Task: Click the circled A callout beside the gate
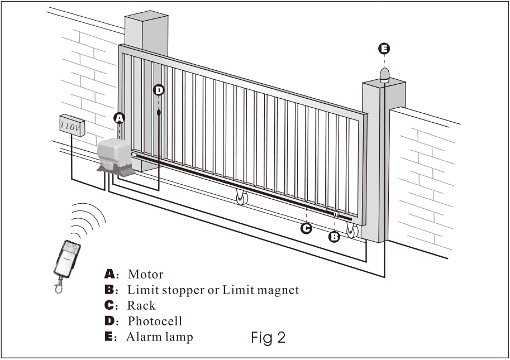118,118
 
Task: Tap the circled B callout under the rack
334,237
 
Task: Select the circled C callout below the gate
306,228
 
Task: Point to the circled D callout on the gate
159,90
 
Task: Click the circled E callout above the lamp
384,49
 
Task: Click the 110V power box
72,124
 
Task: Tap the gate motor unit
115,156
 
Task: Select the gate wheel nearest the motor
242,198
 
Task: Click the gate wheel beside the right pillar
352,230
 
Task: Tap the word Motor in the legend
146,275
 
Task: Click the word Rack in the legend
142,306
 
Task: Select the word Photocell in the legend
155,321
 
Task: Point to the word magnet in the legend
275,290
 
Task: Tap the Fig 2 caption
268,337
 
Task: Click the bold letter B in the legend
109,290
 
